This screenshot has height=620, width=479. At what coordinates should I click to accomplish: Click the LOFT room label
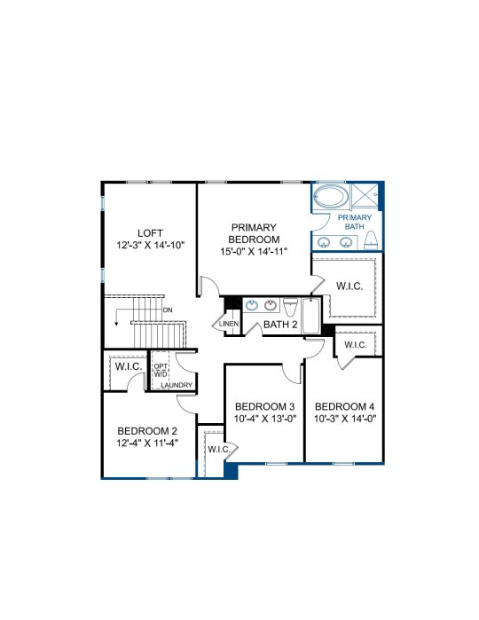[x=150, y=233]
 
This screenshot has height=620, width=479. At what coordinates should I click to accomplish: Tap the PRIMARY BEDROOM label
[x=254, y=233]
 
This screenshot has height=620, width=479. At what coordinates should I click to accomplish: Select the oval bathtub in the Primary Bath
[x=330, y=196]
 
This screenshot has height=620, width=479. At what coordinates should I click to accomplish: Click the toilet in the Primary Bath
[x=371, y=240]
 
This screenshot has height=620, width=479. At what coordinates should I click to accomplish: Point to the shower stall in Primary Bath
[x=365, y=194]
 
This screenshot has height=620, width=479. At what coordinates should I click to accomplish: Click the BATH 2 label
[x=280, y=325]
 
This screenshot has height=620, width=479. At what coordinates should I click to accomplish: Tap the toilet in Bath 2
[x=290, y=307]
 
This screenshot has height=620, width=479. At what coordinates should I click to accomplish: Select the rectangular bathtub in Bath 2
[x=311, y=317]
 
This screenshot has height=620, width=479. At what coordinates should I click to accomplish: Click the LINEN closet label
[x=229, y=324]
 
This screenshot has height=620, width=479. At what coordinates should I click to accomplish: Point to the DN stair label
[x=168, y=310]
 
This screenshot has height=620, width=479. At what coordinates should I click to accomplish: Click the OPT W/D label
[x=161, y=370]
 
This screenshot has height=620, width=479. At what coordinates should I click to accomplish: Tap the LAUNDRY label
[x=177, y=385]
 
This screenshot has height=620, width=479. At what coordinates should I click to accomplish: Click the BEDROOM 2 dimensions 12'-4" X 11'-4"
[x=147, y=443]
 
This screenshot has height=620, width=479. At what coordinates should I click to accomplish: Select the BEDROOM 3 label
[x=264, y=406]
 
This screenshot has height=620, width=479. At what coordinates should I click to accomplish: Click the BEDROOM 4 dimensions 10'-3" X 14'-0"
[x=345, y=419]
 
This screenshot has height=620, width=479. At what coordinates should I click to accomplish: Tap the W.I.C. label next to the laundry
[x=129, y=366]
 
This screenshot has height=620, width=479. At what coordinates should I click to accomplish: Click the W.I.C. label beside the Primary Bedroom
[x=349, y=286]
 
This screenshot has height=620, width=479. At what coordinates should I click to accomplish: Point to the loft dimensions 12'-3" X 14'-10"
[x=151, y=245]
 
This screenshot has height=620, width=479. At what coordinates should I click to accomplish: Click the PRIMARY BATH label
[x=355, y=222]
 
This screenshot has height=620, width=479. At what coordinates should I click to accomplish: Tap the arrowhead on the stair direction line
[x=117, y=324]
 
